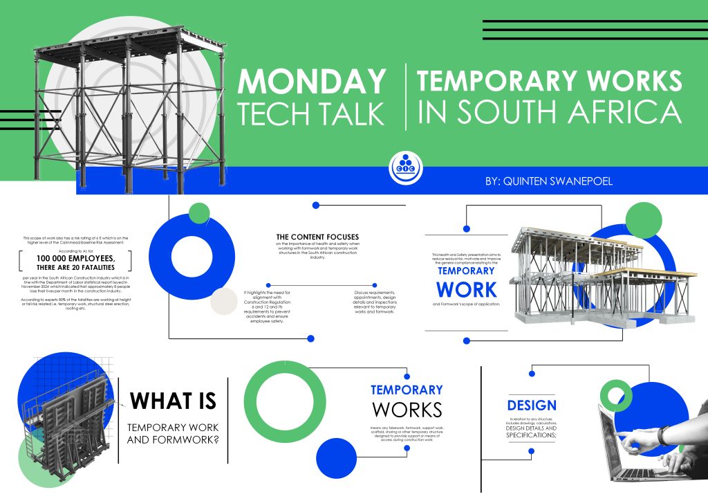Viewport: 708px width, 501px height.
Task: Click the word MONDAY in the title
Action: (311, 82)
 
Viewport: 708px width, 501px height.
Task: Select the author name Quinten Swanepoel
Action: (548, 181)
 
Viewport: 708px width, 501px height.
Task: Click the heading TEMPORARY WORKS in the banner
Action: (550, 82)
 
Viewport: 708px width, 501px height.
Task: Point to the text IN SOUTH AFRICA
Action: (550, 112)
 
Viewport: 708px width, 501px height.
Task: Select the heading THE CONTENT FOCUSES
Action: (317, 236)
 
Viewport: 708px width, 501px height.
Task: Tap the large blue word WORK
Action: (466, 289)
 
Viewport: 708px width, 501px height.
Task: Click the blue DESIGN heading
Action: (532, 406)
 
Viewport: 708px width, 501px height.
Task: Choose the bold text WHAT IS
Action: (173, 401)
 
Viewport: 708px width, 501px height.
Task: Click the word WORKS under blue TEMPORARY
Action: (407, 410)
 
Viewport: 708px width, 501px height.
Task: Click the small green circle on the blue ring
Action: (198, 212)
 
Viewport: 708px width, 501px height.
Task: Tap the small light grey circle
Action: (224, 301)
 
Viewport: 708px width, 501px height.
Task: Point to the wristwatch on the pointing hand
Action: (663, 435)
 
